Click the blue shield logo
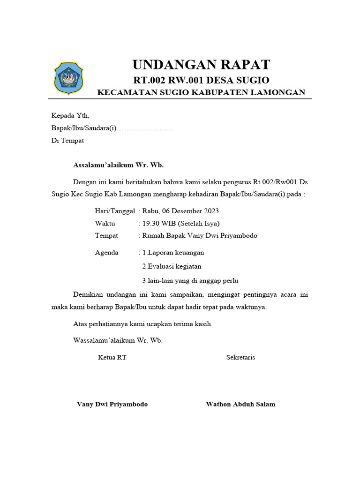coord(68,78)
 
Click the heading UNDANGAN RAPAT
coord(201,64)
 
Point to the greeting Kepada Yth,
coord(70,115)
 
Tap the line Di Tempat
coord(67,141)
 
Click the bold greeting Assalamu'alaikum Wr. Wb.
coord(119,165)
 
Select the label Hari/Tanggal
coord(115,211)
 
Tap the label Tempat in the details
coord(106,235)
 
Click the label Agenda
coord(106,252)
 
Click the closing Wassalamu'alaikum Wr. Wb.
coord(118,340)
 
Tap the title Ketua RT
coord(112,357)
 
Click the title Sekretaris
coord(240,357)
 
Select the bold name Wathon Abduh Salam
coord(240,404)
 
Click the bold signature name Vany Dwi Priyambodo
coord(112,404)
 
